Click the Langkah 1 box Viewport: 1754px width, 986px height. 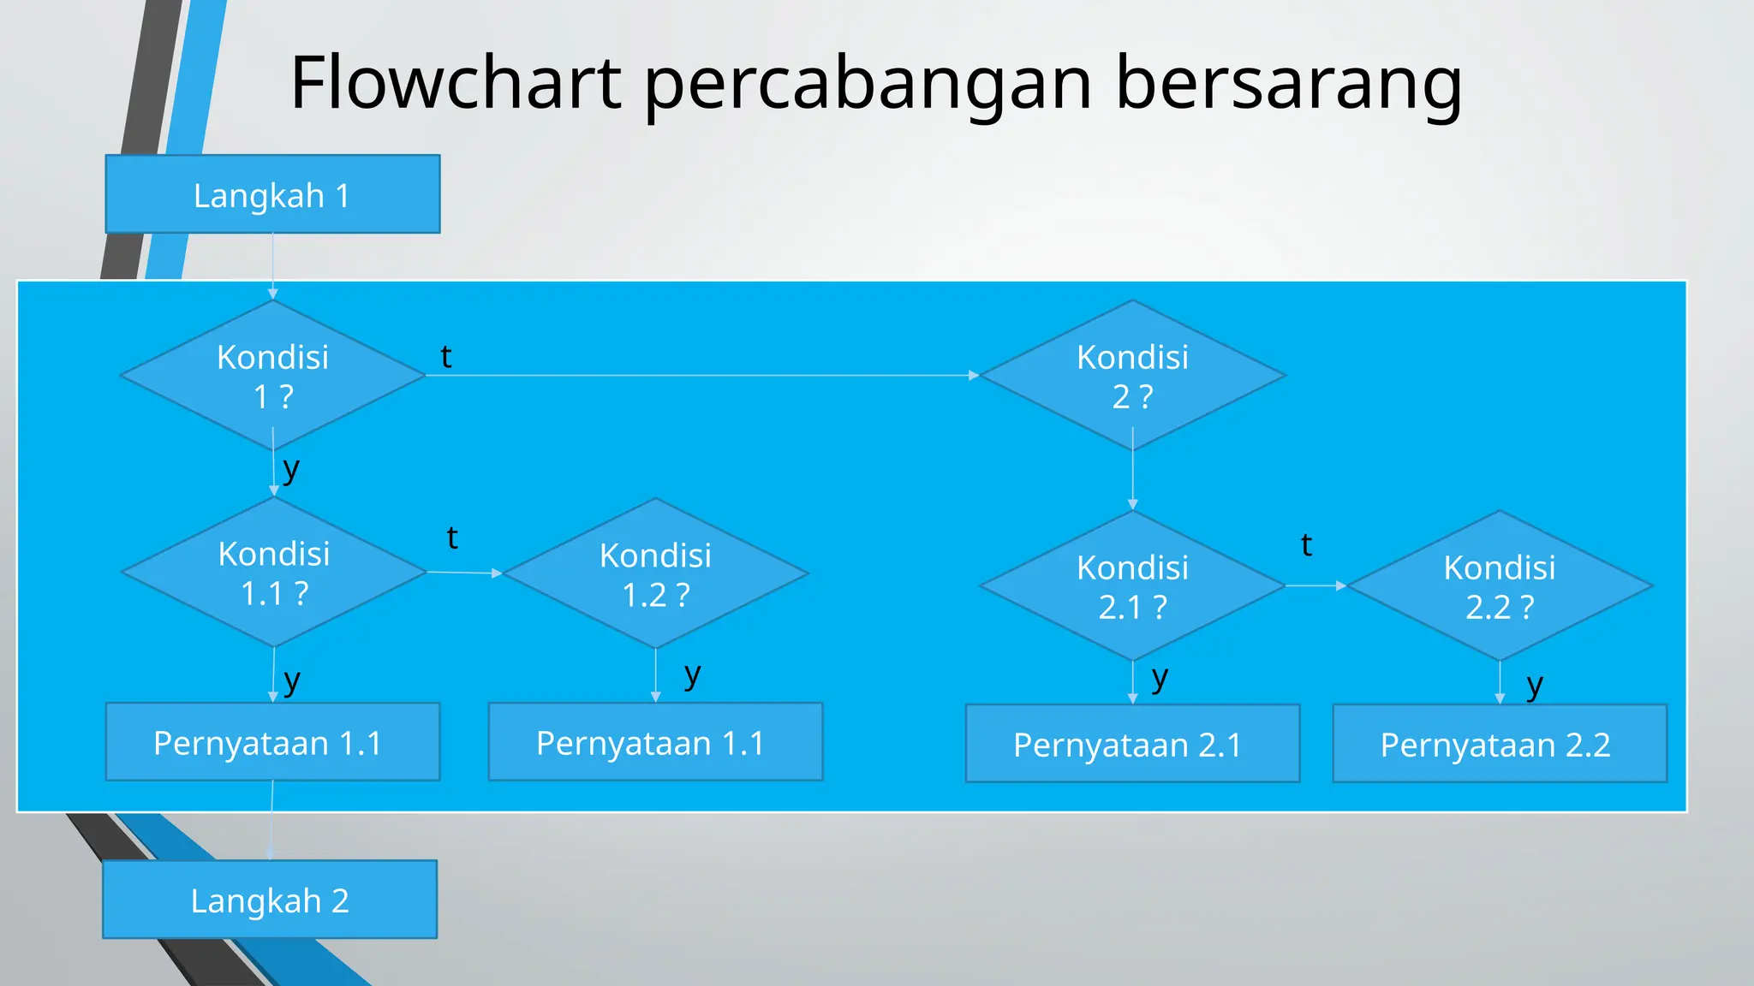(272, 194)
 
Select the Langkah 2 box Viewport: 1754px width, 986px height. (270, 900)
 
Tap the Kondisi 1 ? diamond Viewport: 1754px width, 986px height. (272, 376)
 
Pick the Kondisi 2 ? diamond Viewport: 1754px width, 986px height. (1132, 376)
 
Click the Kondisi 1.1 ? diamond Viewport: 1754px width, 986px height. (274, 573)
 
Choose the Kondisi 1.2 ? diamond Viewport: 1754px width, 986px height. (655, 573)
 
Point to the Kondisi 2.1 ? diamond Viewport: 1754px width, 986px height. (1132, 586)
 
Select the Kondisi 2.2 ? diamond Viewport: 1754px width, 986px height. (1500, 586)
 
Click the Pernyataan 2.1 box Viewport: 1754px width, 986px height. (1132, 744)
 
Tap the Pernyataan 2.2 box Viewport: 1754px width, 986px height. (1500, 744)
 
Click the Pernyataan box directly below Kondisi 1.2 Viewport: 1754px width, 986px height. (655, 742)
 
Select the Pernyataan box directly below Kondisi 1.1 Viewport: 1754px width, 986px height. (272, 742)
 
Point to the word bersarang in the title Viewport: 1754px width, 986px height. (1289, 84)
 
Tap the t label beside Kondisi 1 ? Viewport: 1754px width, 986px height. (446, 357)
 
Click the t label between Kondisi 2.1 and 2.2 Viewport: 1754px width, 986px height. (1306, 545)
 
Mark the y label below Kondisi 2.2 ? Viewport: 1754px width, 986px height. (1535, 685)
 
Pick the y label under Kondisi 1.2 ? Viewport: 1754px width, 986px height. (693, 674)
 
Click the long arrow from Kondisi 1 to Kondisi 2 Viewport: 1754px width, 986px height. (702, 375)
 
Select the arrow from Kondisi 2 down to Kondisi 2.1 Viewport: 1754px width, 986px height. (1132, 479)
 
